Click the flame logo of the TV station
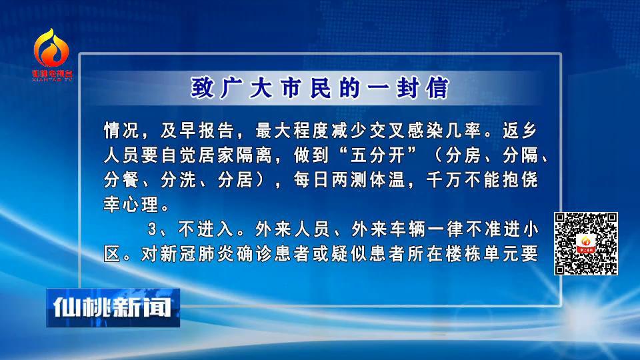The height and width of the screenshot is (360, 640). tap(51, 48)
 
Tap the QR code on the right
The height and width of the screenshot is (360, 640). tap(586, 244)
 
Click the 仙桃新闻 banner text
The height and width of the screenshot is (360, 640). tap(112, 307)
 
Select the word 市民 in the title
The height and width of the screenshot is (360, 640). tap(306, 87)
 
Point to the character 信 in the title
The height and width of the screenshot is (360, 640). tap(438, 87)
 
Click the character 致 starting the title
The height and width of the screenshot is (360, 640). tap(202, 87)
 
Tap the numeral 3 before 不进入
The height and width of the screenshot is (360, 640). tap(152, 229)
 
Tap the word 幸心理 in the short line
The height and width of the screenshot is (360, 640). tap(131, 204)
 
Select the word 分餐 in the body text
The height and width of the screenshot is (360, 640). tap(121, 179)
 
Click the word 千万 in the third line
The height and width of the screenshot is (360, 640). tap(444, 179)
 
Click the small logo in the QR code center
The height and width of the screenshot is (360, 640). tap(586, 244)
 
